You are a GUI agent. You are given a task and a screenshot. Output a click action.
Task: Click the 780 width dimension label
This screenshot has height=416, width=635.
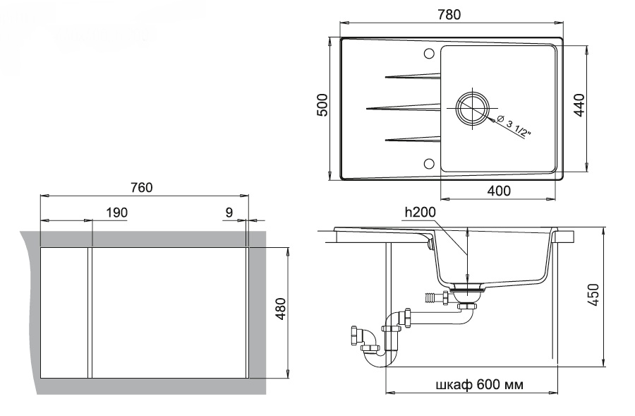(449, 15)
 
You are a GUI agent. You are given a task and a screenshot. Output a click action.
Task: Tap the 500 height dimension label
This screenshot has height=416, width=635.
(322, 105)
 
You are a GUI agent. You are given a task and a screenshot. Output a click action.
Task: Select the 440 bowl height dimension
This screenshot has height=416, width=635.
(580, 105)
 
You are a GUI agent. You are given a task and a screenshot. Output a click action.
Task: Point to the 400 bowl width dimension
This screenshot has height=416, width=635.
(499, 191)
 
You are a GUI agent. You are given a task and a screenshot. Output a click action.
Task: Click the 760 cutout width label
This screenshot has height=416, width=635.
(141, 188)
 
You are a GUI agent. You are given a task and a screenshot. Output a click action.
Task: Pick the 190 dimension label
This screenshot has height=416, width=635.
(116, 213)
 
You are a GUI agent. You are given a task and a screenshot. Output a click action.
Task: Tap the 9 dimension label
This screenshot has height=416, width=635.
(229, 213)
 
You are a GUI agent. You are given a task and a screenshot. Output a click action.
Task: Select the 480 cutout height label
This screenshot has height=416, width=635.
(280, 309)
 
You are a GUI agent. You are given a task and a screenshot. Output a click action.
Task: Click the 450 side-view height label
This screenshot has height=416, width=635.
(593, 295)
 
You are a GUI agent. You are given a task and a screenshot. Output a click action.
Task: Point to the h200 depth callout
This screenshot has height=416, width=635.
(420, 212)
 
